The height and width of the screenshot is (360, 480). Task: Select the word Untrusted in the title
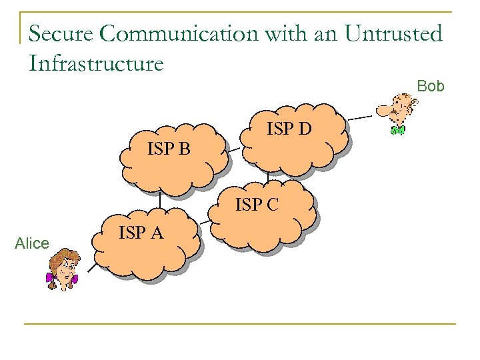coord(393,33)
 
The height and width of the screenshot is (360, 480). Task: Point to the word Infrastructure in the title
coord(96,63)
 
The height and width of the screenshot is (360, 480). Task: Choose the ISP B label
coord(169,149)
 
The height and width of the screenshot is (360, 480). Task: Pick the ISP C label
coord(257,205)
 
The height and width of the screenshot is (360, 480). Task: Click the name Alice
coord(31,244)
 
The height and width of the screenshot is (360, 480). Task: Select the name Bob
coord(431,86)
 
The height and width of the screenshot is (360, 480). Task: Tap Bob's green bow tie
coord(397,129)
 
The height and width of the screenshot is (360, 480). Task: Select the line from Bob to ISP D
coord(360,118)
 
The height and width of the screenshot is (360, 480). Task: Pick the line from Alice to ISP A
coord(87,271)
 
